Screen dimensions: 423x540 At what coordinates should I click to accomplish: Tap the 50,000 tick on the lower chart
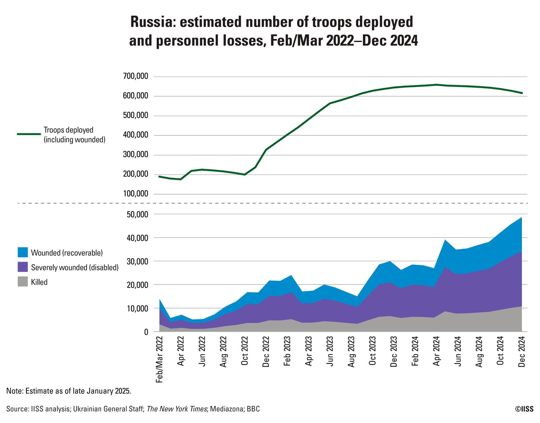click(138, 214)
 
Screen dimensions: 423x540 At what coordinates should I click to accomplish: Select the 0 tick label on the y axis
click(146, 332)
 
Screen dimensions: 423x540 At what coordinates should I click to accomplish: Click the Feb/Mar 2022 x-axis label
click(160, 360)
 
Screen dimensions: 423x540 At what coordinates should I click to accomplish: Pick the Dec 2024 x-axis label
click(522, 352)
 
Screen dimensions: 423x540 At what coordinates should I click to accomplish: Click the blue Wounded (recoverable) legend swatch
click(23, 252)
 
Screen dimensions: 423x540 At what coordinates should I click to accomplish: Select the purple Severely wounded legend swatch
click(23, 267)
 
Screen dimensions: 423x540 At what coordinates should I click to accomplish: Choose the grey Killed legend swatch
click(23, 282)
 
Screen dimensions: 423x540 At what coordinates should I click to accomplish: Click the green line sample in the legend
click(29, 134)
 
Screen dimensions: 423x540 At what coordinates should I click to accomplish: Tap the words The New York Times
click(177, 409)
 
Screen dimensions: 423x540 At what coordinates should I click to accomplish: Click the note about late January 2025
click(69, 391)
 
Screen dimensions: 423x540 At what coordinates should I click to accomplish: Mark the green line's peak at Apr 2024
click(436, 85)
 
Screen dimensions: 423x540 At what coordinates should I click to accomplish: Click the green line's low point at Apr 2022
click(181, 179)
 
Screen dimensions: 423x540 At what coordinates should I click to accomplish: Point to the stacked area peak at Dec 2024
click(522, 218)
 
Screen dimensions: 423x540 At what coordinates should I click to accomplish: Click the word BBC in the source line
click(253, 409)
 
